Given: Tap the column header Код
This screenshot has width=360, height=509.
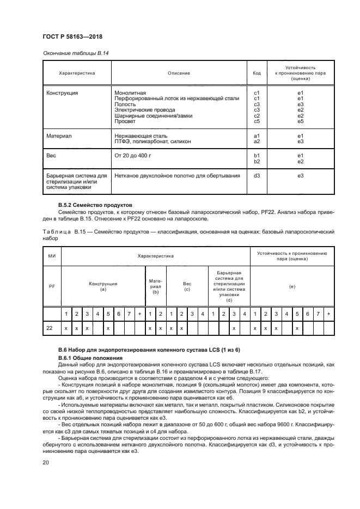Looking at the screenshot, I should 257,73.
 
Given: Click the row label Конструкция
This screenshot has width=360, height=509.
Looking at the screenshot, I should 62,93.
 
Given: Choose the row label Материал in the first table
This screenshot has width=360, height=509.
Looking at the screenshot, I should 59,136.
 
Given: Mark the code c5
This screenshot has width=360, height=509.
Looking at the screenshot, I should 257,121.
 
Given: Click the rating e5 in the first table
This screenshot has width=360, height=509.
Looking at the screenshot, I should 300,121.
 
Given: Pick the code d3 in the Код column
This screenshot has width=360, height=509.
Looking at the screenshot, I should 257,175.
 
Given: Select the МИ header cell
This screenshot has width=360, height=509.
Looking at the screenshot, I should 52,255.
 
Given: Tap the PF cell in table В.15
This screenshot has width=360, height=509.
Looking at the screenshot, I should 52,285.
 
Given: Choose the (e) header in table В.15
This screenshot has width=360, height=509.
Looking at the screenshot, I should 292,285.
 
